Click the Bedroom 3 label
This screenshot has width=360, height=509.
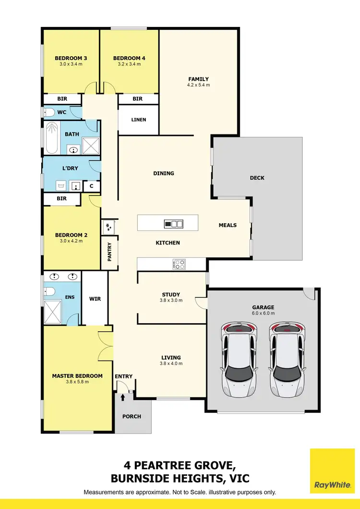71,59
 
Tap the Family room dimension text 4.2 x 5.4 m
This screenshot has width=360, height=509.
198,85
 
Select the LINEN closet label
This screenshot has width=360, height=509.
139,120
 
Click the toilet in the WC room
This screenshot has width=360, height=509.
49,112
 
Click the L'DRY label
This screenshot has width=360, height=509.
70,168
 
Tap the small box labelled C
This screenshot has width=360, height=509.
92,186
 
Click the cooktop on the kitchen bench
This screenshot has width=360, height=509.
179,264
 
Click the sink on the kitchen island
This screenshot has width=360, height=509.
174,223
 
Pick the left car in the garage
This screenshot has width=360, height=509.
239,359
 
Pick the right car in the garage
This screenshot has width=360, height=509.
287,359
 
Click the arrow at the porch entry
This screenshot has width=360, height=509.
123,397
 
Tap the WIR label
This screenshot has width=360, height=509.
95,299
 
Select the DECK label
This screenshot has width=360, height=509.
257,178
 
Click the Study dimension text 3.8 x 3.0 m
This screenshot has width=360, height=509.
171,301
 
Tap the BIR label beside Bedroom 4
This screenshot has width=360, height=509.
138,99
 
